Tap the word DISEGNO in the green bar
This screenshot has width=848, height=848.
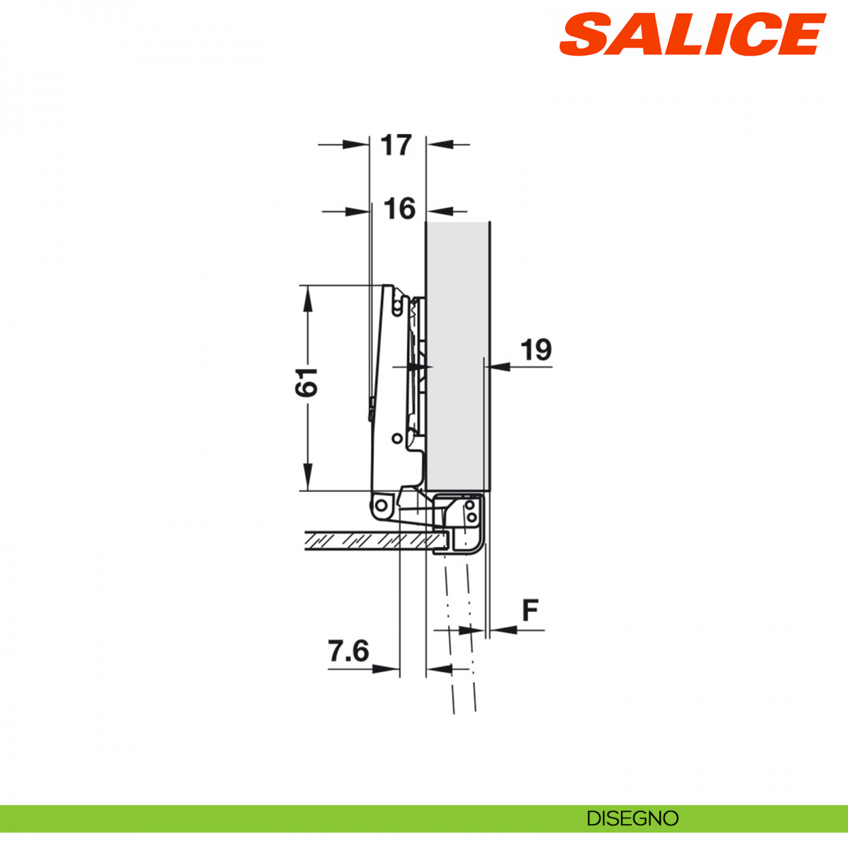click(x=632, y=818)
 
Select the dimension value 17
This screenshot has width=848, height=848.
click(x=396, y=145)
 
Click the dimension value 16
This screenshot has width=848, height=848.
click(x=399, y=209)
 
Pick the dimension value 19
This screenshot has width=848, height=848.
click(x=536, y=351)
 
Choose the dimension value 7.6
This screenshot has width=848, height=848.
click(x=348, y=651)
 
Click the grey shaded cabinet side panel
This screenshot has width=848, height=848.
click(x=458, y=353)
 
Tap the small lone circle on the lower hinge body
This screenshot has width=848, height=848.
click(x=397, y=438)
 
